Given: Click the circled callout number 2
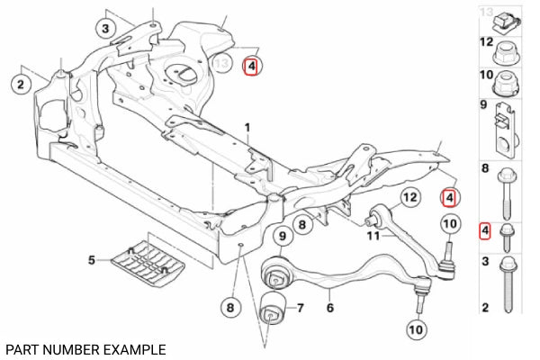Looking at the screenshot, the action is point(21,84).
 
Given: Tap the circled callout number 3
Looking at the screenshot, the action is point(105,28).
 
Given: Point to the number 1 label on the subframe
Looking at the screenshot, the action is point(247,128).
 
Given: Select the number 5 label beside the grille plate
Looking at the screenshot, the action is point(91,260).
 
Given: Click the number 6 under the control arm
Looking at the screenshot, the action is point(330,307).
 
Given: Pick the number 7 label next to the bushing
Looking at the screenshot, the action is point(301,308).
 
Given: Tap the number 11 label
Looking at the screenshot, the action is point(373,236).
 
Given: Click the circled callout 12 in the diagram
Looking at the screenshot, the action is point(409,197).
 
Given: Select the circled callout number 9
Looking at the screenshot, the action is point(283,236).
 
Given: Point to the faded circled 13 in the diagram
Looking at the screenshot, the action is point(221,63).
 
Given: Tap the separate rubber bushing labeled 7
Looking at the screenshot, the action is point(273,309).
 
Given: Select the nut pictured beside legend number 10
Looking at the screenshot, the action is point(506,84).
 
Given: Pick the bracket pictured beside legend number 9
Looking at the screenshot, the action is point(506,130).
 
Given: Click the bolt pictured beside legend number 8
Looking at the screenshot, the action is point(507,193).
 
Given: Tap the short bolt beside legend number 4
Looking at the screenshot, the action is point(507,238).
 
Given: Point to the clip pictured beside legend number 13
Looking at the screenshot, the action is point(507,23).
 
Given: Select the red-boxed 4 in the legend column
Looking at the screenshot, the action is point(485,230).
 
